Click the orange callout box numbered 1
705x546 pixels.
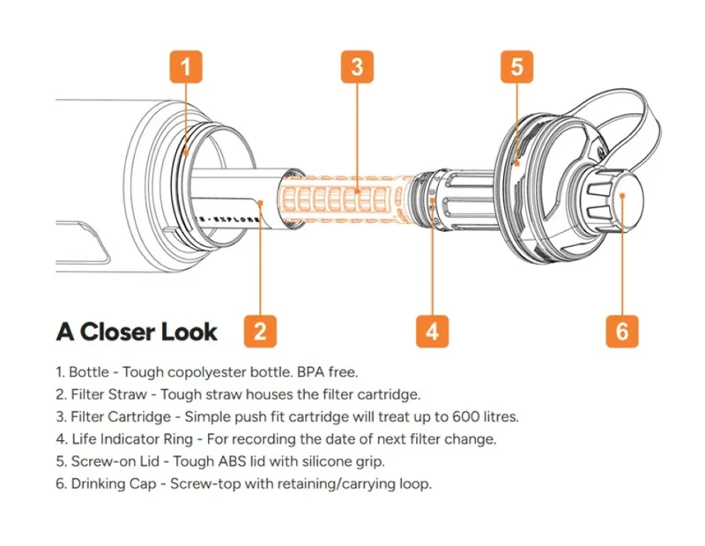pyautogui.click(x=186, y=66)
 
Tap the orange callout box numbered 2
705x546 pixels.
pyautogui.click(x=260, y=332)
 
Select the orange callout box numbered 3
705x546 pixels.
pyautogui.click(x=356, y=66)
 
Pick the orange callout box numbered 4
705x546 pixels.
pyautogui.click(x=432, y=332)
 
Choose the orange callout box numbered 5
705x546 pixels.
pyautogui.click(x=516, y=66)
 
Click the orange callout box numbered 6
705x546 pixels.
pyautogui.click(x=622, y=332)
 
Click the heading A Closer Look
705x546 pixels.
pyautogui.click(x=137, y=333)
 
